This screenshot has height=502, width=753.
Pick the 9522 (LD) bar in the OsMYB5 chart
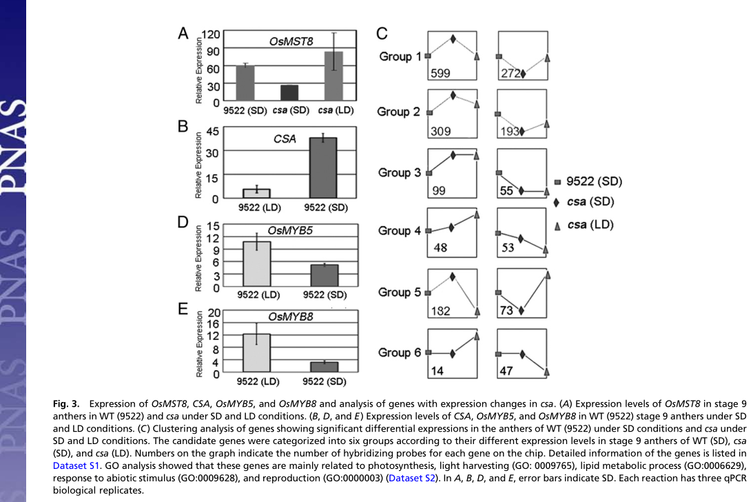[257, 264]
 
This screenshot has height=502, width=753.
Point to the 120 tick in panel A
[210, 34]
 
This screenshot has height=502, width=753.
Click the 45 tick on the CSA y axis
[212, 131]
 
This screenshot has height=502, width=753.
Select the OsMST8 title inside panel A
[291, 41]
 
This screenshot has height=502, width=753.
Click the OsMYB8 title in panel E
[290, 317]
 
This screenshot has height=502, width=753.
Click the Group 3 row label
[399, 172]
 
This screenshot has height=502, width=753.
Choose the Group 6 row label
[399, 352]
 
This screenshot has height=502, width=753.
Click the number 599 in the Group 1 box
[440, 73]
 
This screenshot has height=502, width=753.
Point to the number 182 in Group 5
[440, 311]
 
